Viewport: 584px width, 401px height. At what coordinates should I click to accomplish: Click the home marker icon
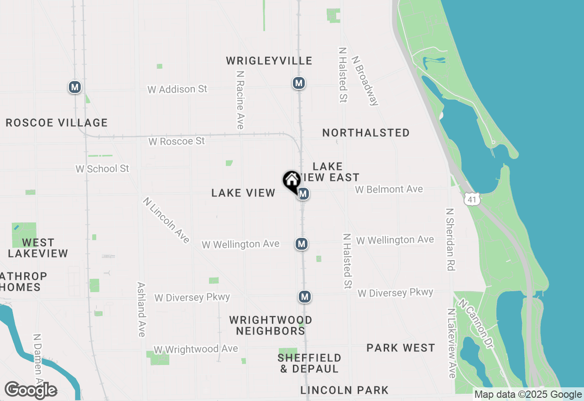(x=292, y=181)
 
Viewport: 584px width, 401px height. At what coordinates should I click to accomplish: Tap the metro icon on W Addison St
(x=299, y=83)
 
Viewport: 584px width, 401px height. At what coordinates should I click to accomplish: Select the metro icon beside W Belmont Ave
(x=303, y=194)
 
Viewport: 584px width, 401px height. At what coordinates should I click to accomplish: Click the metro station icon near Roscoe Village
(x=75, y=87)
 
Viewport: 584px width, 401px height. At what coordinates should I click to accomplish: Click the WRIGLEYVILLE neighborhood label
(x=269, y=61)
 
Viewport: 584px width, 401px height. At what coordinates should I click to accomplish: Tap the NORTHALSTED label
(x=366, y=133)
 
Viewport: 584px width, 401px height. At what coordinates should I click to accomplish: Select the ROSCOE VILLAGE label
(x=57, y=123)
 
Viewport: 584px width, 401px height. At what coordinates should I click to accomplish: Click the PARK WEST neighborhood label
(x=401, y=348)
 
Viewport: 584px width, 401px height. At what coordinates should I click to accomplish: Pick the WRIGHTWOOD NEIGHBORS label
(x=271, y=325)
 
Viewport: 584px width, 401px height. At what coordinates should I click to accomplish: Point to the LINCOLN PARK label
(x=344, y=390)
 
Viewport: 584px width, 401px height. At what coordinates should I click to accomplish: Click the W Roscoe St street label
(x=177, y=142)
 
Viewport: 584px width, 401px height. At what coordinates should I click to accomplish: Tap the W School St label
(x=102, y=169)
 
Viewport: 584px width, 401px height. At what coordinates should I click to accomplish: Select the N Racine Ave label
(x=240, y=99)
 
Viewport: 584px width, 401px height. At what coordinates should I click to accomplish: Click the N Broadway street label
(x=365, y=81)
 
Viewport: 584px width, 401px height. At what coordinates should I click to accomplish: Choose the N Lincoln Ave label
(x=166, y=220)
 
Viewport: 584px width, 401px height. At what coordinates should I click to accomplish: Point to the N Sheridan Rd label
(x=451, y=240)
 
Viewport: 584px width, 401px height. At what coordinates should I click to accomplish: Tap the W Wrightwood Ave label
(x=196, y=349)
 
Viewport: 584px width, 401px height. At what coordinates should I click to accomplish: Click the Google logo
(x=31, y=391)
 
